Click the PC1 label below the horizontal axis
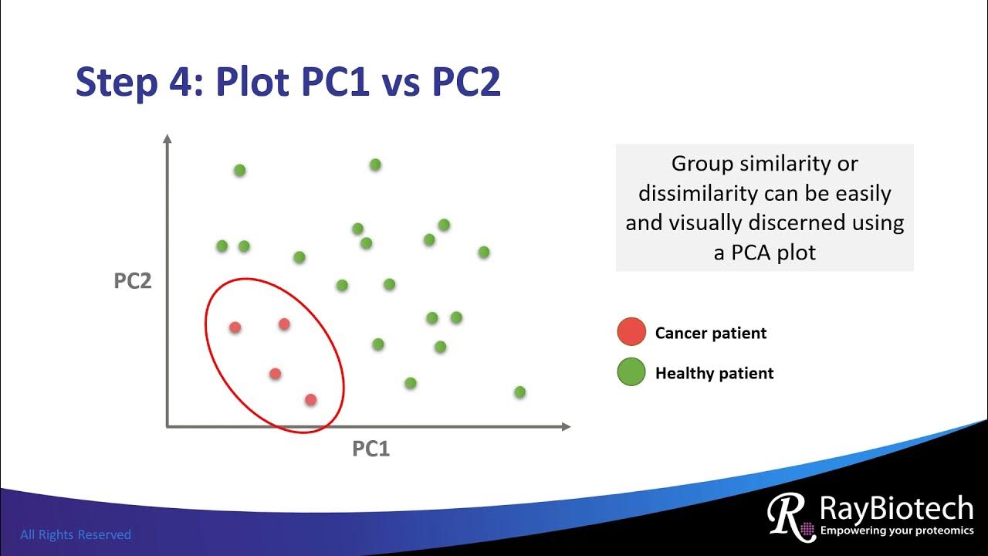point(371,449)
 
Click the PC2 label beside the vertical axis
point(133,281)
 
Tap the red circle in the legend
point(631,332)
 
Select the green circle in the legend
point(631,373)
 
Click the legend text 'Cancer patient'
point(710,333)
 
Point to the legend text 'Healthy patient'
point(714,374)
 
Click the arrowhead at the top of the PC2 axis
point(167,139)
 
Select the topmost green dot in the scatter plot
point(375,164)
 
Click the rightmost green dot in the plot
point(519,392)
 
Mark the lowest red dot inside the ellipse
point(310,400)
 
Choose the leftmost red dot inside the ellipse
point(235,327)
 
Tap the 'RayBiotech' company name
point(896,509)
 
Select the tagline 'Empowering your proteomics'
point(896,531)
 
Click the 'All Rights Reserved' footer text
point(76,534)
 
